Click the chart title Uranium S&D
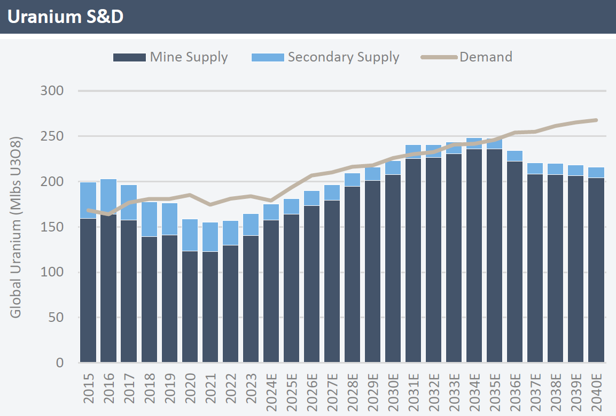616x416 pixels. point(65,17)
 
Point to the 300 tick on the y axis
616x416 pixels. point(52,91)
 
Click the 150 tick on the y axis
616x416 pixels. point(52,227)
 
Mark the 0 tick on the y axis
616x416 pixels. point(59,363)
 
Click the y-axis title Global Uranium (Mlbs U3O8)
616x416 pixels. point(15,227)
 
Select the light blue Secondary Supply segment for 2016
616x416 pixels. point(108,197)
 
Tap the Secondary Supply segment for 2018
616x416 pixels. point(149,219)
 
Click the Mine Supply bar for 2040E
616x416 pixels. point(596,270)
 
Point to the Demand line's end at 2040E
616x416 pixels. point(596,120)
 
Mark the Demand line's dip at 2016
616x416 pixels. point(108,214)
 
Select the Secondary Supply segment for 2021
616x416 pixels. point(210,237)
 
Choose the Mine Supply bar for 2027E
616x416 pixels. point(332,281)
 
